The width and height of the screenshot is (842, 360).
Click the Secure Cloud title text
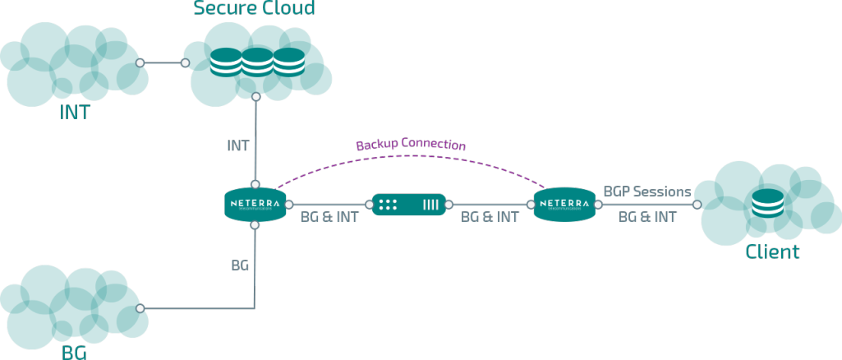click(254, 9)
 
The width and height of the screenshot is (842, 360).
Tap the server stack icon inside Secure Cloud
click(255, 62)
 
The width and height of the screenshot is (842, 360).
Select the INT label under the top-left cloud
click(74, 113)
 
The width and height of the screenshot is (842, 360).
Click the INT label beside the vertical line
click(238, 145)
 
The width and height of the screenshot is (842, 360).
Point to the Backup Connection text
click(411, 145)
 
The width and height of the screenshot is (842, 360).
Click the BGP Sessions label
click(647, 192)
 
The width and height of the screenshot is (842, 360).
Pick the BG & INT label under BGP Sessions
click(647, 217)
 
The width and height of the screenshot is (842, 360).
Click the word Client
click(772, 252)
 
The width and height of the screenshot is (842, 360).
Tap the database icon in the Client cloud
click(771, 204)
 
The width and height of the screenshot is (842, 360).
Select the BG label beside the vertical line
click(240, 266)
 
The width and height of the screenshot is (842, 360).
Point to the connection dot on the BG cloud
click(141, 308)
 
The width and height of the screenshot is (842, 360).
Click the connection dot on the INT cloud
click(141, 62)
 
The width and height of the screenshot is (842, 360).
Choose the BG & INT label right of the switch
click(490, 217)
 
